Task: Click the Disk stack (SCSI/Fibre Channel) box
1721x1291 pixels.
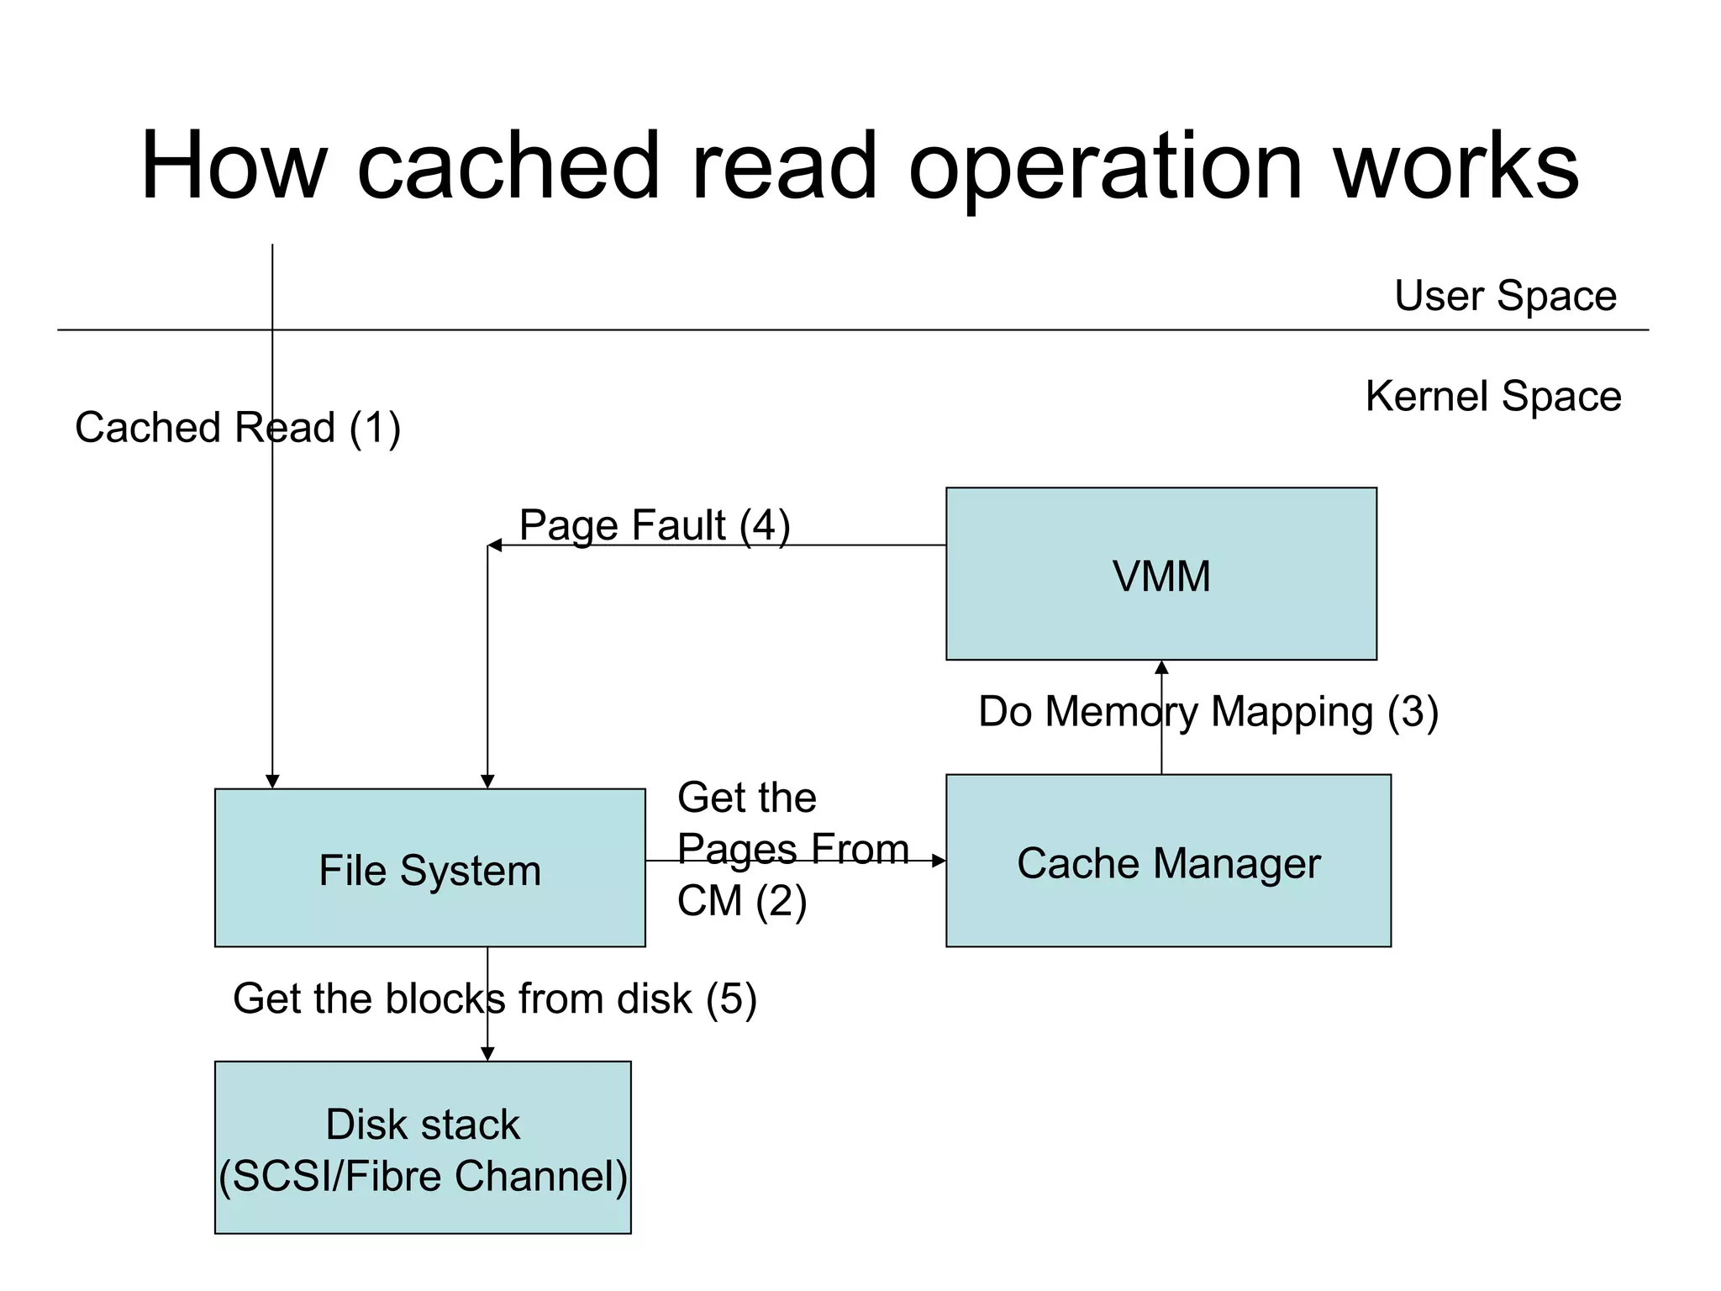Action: click(x=422, y=1147)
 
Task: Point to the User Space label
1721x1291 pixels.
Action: click(x=1504, y=296)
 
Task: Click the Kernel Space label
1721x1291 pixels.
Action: click(x=1492, y=396)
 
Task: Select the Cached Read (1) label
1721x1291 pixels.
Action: click(x=238, y=427)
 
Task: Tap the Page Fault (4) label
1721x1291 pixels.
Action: click(x=654, y=525)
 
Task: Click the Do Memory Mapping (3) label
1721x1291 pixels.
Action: click(x=1208, y=711)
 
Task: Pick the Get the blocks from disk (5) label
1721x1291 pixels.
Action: click(x=494, y=999)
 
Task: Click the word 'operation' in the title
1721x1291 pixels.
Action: click(x=1106, y=168)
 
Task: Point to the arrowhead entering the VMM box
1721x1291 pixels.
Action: click(x=1161, y=667)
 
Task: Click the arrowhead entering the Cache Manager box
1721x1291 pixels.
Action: click(x=939, y=861)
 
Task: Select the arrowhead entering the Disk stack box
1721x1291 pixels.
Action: click(x=487, y=1054)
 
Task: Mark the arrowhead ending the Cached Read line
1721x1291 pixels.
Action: click(x=272, y=782)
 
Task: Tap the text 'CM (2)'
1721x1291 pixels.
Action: click(x=741, y=901)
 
